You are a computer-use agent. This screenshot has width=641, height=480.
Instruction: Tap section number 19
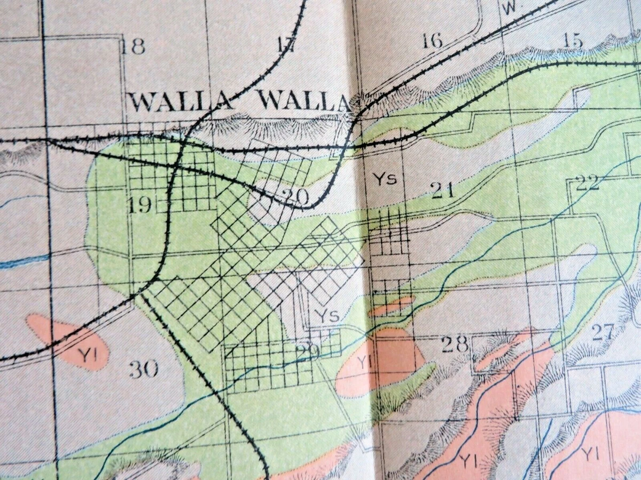[140, 204]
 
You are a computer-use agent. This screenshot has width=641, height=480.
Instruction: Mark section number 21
[443, 189]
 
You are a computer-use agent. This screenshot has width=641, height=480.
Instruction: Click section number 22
[588, 183]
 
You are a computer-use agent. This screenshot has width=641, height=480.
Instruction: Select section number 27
[604, 332]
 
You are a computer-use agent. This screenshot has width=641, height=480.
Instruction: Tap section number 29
[308, 351]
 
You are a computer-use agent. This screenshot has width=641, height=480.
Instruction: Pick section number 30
[143, 369]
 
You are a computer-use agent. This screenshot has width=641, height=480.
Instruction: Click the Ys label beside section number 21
[385, 179]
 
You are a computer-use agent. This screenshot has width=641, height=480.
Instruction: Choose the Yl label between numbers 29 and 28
[364, 363]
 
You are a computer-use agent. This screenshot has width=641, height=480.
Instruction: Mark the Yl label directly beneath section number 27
[590, 454]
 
